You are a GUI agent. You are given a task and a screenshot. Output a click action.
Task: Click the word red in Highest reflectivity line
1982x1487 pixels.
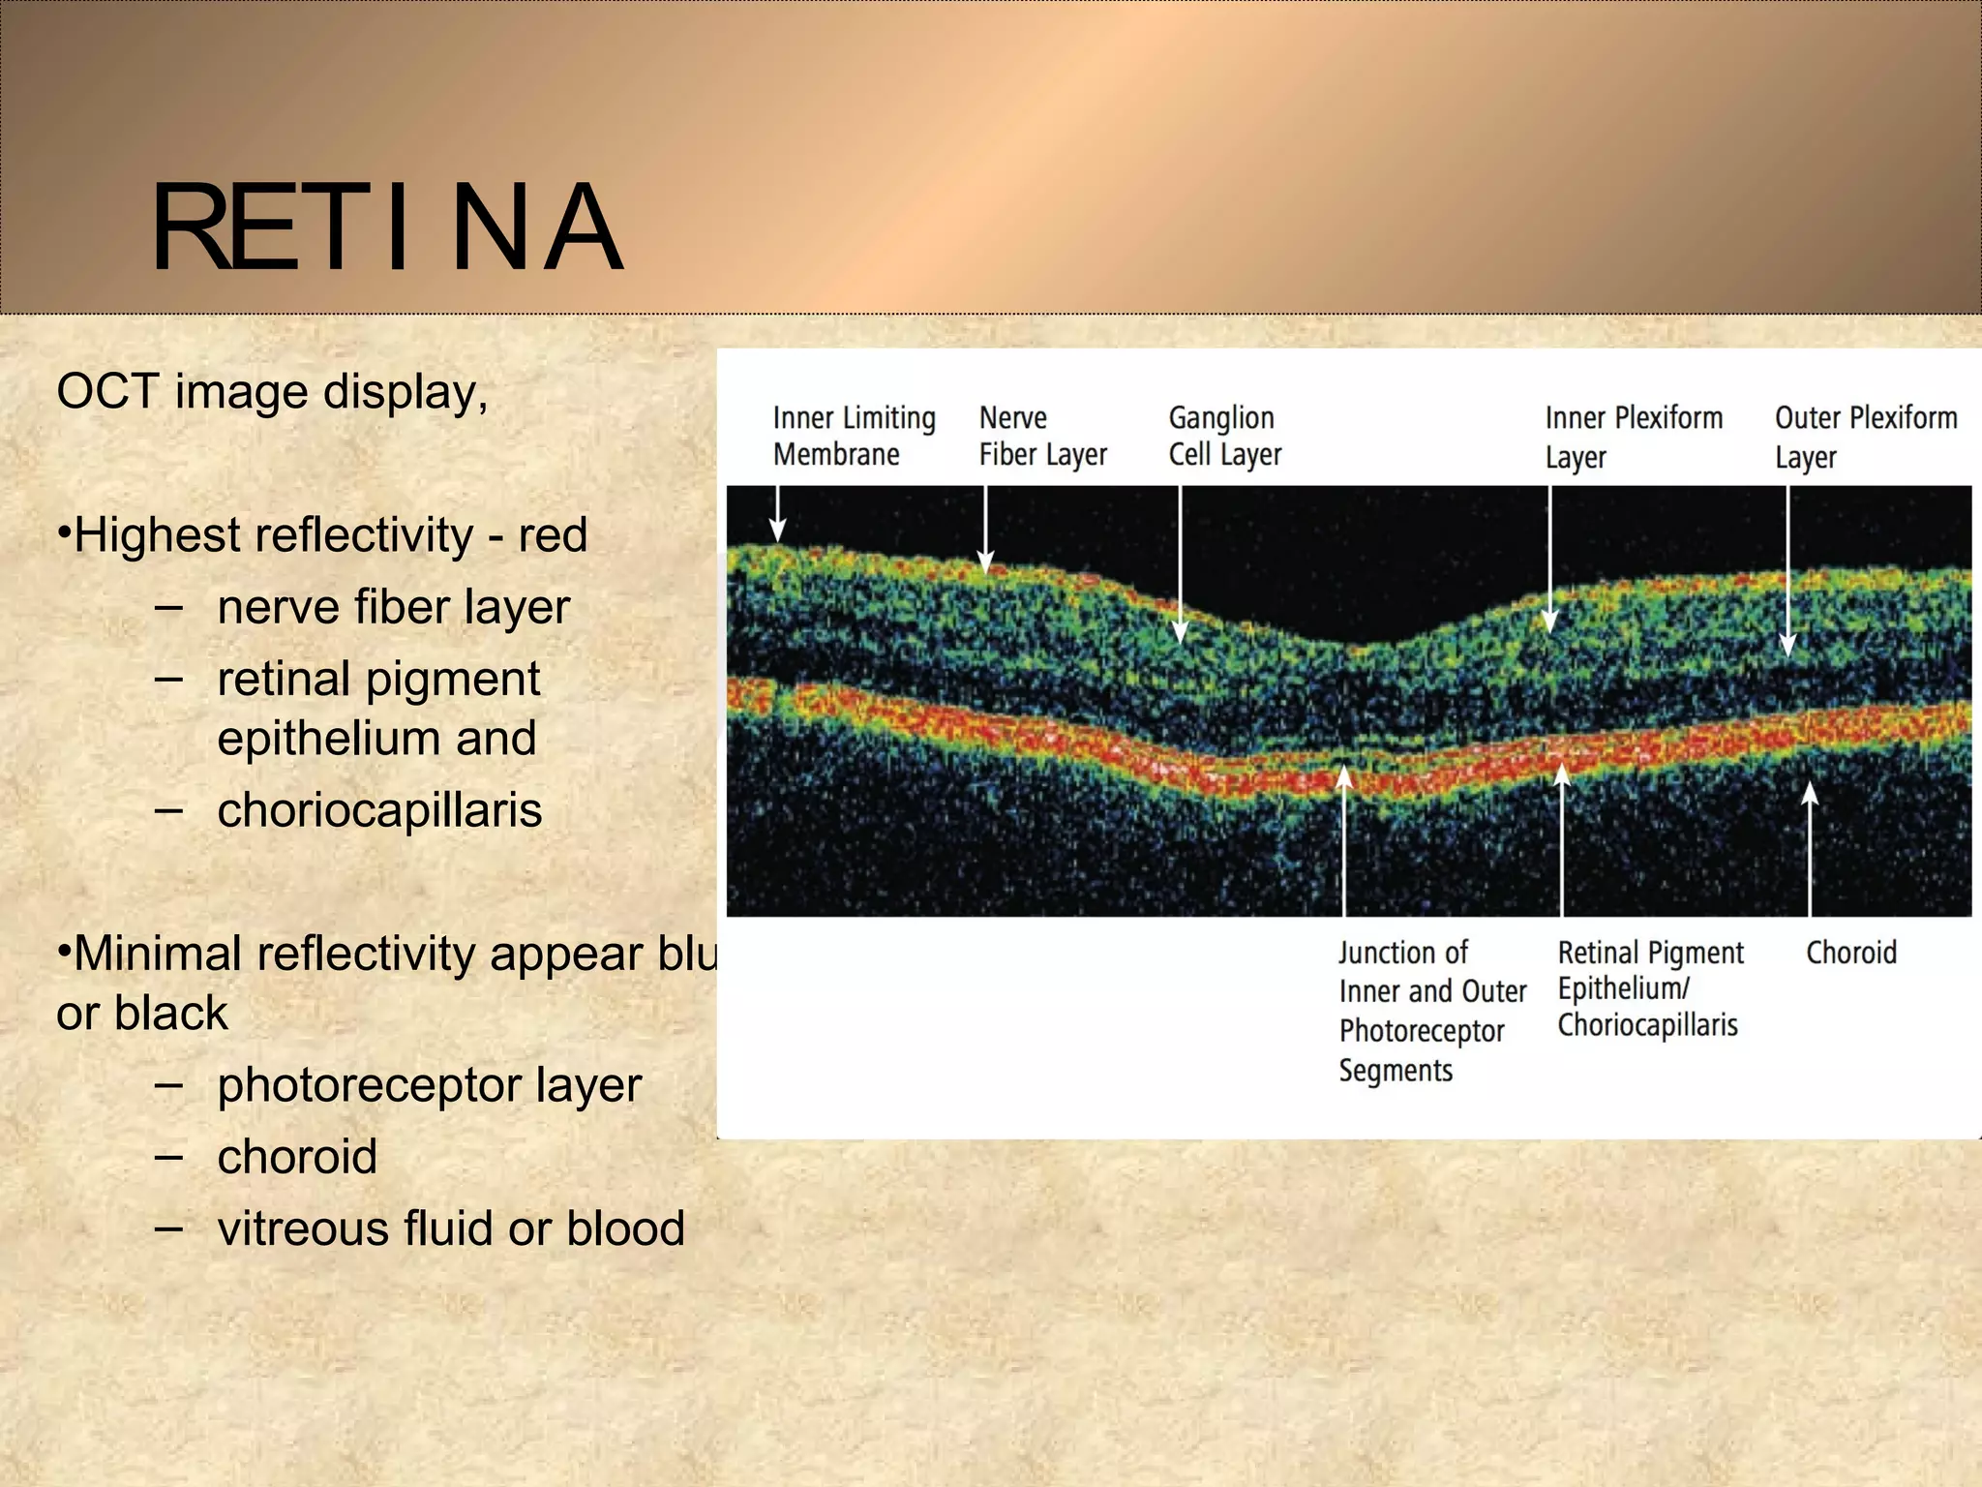[553, 535]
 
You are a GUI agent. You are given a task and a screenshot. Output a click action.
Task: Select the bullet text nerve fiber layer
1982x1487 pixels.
[393, 608]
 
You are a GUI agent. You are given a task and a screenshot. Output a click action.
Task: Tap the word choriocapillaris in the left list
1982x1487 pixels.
[379, 810]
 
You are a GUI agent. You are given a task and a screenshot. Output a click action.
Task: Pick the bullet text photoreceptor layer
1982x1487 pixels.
[429, 1085]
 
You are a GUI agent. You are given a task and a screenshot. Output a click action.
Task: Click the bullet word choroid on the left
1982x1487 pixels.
[297, 1157]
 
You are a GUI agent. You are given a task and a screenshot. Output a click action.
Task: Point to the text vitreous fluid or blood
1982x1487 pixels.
[451, 1229]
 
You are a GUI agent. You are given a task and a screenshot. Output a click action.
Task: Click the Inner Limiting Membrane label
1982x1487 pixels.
[853, 436]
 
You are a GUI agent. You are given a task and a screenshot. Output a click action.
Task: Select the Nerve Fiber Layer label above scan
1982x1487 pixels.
[1041, 436]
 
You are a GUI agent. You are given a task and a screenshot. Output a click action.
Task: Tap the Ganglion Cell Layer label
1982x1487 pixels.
[1224, 436]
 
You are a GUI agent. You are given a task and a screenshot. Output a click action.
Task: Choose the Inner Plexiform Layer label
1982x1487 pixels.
[1633, 437]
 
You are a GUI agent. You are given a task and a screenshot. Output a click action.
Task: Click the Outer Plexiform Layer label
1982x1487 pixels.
[1864, 437]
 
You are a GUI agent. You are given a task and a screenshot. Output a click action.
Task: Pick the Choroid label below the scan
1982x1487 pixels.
[1850, 953]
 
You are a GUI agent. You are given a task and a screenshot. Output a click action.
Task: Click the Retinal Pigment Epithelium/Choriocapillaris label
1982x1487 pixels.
[1650, 988]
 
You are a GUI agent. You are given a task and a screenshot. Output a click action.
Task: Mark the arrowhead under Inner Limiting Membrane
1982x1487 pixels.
[777, 531]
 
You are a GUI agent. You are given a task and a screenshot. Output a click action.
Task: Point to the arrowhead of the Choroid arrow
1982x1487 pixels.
[1810, 794]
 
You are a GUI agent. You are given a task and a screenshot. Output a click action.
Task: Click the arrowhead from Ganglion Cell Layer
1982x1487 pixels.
[1180, 633]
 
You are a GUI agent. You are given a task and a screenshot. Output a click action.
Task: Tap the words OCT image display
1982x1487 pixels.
[272, 393]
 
